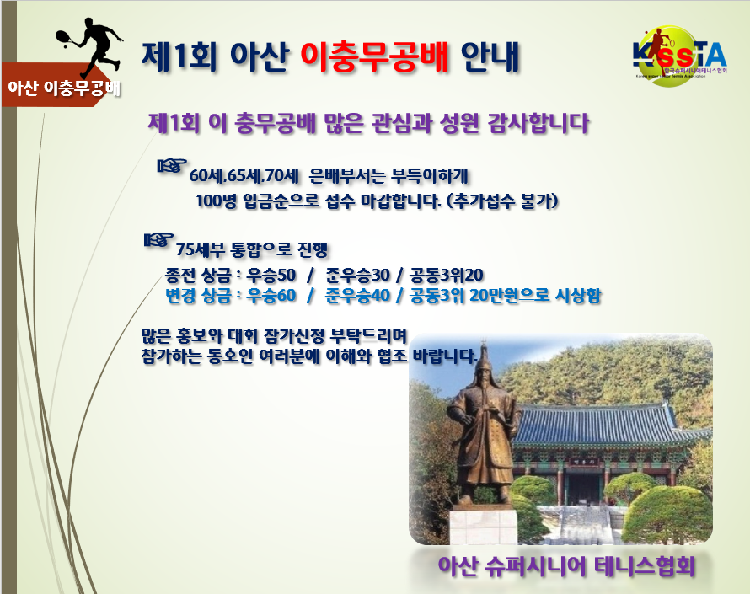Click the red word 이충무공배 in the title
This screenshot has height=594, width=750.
point(374,57)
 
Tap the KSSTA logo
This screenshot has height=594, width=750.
point(680,56)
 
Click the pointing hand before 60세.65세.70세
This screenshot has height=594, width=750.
point(172,166)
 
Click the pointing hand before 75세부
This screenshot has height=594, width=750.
point(158,239)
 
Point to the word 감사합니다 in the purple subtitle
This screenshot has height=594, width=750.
point(538,123)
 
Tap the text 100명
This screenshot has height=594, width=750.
point(217,201)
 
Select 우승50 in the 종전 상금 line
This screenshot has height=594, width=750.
point(271,275)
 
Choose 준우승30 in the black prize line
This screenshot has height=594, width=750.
point(357,275)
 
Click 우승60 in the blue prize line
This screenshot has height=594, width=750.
point(271,296)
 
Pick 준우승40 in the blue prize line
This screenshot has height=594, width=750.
point(357,296)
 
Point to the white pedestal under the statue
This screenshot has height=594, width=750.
point(483,526)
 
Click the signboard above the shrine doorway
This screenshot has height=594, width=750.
point(580,462)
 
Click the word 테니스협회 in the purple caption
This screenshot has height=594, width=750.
point(645,567)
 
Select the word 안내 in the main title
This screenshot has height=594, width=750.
point(490,57)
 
